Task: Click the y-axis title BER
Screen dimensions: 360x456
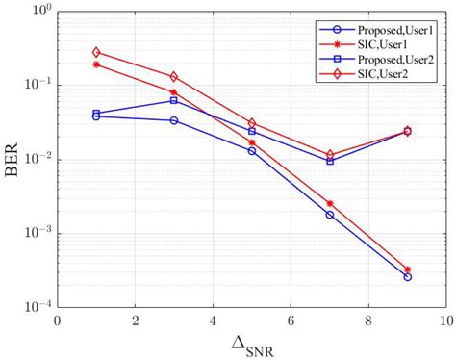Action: coord(14,159)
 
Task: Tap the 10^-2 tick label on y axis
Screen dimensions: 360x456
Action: coord(37,159)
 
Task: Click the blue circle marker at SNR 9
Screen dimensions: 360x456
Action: coord(407,277)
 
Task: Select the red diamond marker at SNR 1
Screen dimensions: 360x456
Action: coord(96,52)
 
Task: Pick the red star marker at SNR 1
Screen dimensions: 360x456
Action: coord(96,64)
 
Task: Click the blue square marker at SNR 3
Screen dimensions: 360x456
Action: coord(174,100)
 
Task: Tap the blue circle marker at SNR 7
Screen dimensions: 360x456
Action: coord(329,215)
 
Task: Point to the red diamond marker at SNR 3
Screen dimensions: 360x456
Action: coord(174,76)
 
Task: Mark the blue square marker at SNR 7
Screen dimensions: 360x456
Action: coord(329,161)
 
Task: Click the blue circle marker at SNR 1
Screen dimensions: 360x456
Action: coord(96,116)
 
